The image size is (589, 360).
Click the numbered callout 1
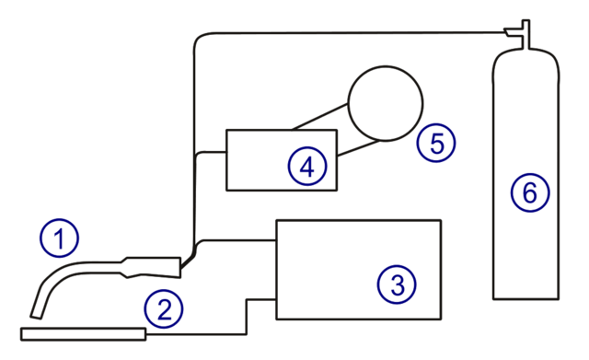(x=60, y=239)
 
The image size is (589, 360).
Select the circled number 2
(x=164, y=309)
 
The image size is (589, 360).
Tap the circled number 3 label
(x=397, y=284)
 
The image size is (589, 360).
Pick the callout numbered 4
(x=306, y=167)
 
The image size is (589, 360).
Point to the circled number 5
(x=435, y=144)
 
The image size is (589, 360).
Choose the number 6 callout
(x=530, y=193)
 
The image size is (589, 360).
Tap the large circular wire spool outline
(x=385, y=101)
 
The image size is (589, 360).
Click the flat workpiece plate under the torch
(x=83, y=334)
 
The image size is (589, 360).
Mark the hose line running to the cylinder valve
(x=350, y=32)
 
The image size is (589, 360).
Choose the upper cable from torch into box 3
(x=239, y=239)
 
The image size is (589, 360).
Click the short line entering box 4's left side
(x=212, y=152)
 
